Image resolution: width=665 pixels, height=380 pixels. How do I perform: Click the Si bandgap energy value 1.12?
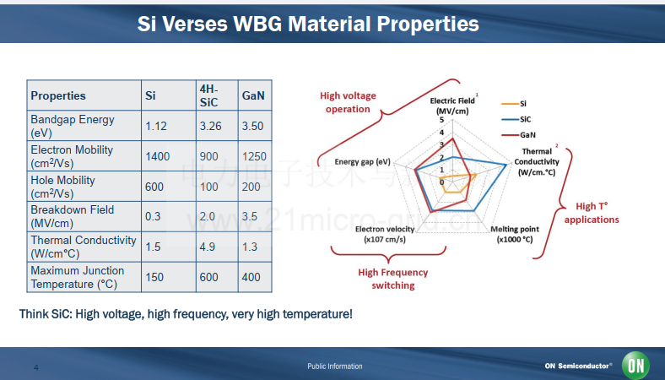click(x=156, y=126)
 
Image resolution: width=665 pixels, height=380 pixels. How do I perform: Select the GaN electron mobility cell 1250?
click(x=254, y=156)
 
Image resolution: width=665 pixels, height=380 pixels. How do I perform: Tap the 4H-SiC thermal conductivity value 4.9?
click(x=208, y=247)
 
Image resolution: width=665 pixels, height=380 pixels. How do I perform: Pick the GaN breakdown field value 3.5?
click(x=250, y=216)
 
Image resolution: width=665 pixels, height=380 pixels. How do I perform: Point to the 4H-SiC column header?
click(x=208, y=95)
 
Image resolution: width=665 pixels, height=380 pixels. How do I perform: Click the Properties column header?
click(x=58, y=95)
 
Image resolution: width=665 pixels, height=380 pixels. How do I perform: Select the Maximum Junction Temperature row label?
click(x=78, y=277)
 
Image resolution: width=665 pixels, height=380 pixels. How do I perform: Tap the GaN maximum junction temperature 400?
click(x=251, y=277)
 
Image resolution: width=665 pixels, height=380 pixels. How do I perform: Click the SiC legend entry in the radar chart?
click(x=516, y=119)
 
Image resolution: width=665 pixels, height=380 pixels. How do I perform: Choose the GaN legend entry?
click(x=518, y=135)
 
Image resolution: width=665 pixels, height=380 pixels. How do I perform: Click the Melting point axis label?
click(x=515, y=235)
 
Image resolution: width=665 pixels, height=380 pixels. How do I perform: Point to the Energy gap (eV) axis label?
click(x=363, y=162)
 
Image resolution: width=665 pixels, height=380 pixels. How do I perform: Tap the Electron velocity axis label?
click(x=385, y=235)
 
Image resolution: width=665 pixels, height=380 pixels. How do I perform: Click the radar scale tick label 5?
click(x=441, y=120)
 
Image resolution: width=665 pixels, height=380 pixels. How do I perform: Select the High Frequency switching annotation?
click(x=393, y=279)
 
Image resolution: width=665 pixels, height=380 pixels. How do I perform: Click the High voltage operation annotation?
click(x=348, y=102)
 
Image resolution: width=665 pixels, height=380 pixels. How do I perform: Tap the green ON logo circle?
click(x=635, y=365)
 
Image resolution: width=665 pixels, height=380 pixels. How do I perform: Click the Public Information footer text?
click(x=335, y=366)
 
